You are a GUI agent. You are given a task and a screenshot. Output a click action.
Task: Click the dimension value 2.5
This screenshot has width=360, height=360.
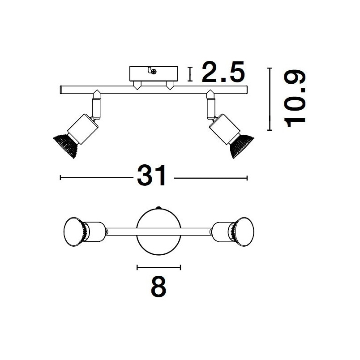(223, 72)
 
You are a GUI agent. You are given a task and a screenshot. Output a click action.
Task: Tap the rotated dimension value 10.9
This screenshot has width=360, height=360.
(295, 99)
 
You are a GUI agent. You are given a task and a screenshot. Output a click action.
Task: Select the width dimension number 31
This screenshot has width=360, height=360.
(151, 176)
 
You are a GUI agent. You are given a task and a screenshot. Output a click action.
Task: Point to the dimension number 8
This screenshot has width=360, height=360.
(159, 286)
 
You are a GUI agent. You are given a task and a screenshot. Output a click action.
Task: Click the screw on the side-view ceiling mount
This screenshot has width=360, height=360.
(154, 72)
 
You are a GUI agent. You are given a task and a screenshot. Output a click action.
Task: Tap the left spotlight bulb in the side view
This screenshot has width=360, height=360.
(66, 146)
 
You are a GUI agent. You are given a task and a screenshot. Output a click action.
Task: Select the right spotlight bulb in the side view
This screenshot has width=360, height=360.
(242, 146)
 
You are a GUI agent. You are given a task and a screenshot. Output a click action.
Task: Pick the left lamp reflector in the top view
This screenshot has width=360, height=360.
(73, 231)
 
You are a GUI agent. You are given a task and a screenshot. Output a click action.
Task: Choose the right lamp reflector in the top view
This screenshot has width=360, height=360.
(244, 231)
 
